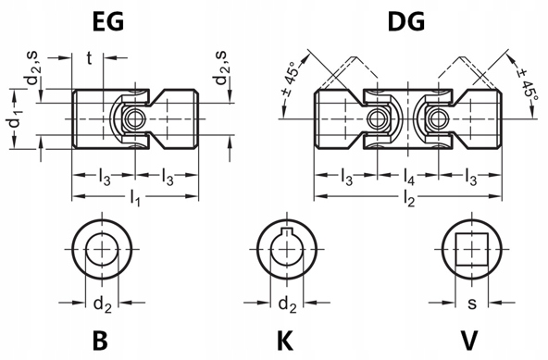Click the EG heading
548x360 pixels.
[108, 21]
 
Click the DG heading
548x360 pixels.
[406, 21]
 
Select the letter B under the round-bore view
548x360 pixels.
[100, 341]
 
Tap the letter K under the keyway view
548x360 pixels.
[285, 341]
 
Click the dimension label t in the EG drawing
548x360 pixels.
[89, 58]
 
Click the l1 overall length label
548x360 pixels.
[135, 198]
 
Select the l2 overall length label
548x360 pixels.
[409, 199]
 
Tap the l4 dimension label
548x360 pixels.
[409, 176]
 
